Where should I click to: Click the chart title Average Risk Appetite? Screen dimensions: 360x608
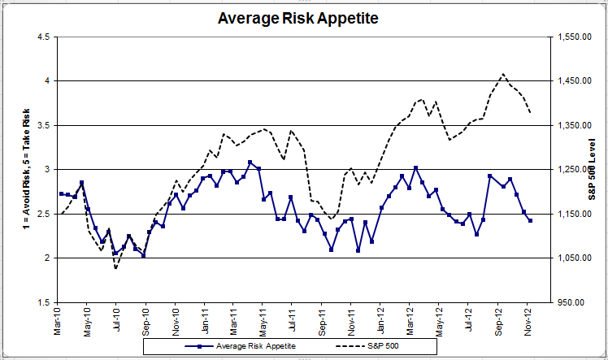pyautogui.click(x=298, y=18)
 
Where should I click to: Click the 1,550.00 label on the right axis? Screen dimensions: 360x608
pyautogui.click(x=574, y=37)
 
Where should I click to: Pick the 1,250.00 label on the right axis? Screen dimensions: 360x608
pyautogui.click(x=574, y=169)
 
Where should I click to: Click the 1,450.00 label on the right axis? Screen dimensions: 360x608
pyautogui.click(x=574, y=81)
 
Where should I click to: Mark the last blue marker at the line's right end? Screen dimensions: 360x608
pyautogui.click(x=530, y=220)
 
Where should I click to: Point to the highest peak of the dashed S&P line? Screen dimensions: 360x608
pyautogui.click(x=503, y=74)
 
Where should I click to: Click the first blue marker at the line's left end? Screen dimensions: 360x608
pyautogui.click(x=61, y=193)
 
